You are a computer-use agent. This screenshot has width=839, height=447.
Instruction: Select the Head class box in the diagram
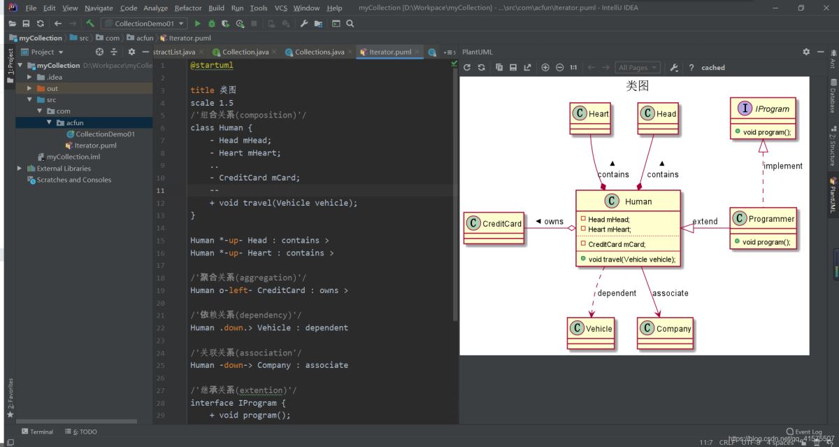coord(658,114)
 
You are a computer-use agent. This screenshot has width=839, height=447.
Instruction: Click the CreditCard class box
coord(494,224)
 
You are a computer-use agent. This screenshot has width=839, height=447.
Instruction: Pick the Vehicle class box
coord(591,329)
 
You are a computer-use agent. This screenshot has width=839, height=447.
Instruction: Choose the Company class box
coord(665,329)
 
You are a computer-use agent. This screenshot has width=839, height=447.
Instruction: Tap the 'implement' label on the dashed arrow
coord(782,166)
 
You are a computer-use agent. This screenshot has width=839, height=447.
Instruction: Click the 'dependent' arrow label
coord(617,293)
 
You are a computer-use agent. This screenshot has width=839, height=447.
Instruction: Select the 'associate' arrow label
coord(670,293)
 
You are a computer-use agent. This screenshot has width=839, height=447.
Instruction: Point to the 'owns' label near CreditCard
coord(553,222)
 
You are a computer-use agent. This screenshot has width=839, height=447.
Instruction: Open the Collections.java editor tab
coord(319,52)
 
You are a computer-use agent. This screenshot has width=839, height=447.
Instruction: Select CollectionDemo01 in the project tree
coord(105,134)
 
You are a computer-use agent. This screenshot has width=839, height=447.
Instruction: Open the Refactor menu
coord(187,8)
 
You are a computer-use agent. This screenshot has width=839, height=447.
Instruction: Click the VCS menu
coord(280,8)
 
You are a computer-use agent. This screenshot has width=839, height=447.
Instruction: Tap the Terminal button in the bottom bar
coord(41,432)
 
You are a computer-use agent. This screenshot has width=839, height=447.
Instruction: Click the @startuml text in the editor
coord(211,65)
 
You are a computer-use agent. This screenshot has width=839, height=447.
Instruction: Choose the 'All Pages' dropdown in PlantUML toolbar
coord(637,68)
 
